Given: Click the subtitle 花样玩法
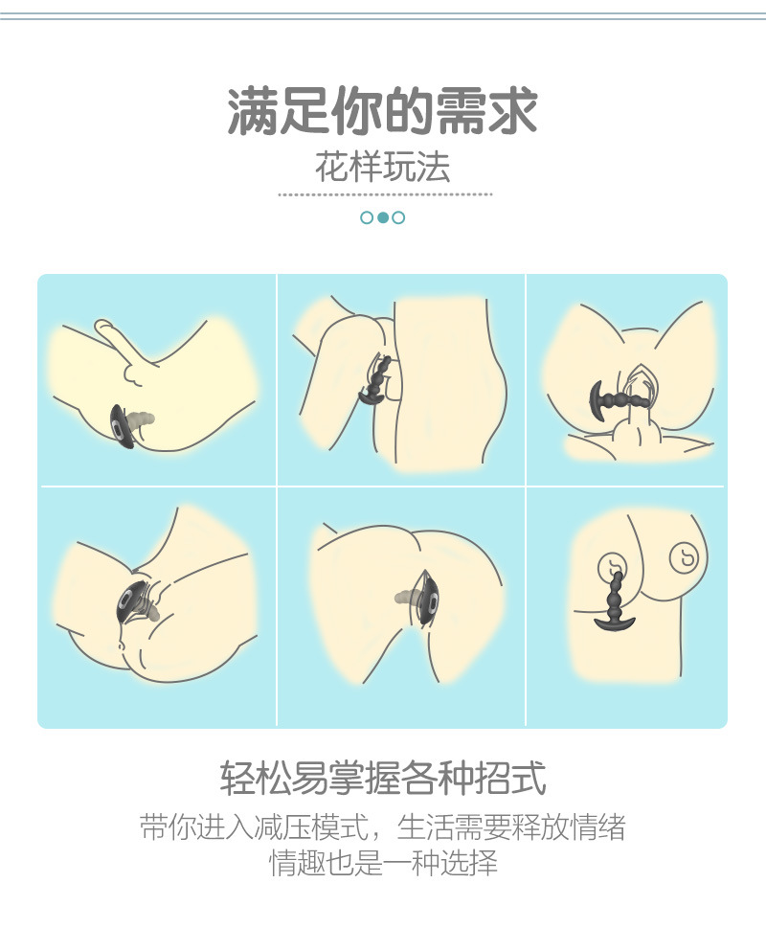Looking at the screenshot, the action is (383, 167).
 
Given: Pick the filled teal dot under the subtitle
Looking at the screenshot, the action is (383, 217).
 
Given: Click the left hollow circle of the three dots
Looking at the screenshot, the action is (367, 217).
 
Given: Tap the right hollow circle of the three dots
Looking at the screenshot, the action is (398, 217).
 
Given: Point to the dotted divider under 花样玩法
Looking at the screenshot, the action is (385, 194).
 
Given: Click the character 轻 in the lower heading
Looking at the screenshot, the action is (237, 778).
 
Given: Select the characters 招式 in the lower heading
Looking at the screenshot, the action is (510, 778).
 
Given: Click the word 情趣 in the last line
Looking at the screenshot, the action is (298, 863).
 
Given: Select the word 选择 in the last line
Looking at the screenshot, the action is (469, 863).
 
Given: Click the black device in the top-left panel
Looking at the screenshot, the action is (122, 427).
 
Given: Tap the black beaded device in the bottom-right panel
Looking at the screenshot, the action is (615, 601).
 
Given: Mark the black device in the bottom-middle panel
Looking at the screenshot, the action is (429, 599).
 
